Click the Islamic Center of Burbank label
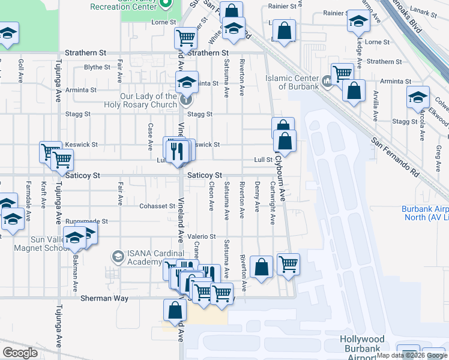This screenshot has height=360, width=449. tap(292, 82)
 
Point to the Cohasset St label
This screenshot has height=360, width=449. tap(157, 206)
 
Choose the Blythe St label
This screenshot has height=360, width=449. tap(97, 67)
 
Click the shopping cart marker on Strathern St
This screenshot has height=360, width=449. tap(186, 38)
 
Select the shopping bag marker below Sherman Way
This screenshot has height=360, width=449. tap(175, 310)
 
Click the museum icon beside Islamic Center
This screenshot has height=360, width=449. tap(327, 81)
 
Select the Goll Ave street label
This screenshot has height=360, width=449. tap(20, 70)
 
